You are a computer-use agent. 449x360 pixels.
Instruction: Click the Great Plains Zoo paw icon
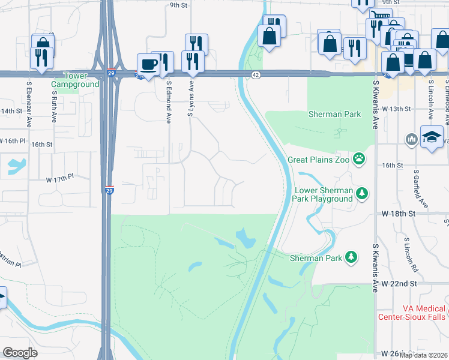pos(360,158)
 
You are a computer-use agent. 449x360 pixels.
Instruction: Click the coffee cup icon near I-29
pos(148,64)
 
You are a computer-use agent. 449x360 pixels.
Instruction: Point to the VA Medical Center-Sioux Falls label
pos(411,312)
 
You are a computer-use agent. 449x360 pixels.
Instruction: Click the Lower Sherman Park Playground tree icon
pos(361,193)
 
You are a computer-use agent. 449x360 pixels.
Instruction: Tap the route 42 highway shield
pos(256,74)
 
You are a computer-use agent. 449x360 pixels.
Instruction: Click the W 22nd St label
pos(399,283)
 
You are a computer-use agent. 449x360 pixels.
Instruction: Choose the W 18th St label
pos(398,214)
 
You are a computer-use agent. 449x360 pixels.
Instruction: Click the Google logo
pos(20,352)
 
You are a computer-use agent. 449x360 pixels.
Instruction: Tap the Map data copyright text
pos(423,355)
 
